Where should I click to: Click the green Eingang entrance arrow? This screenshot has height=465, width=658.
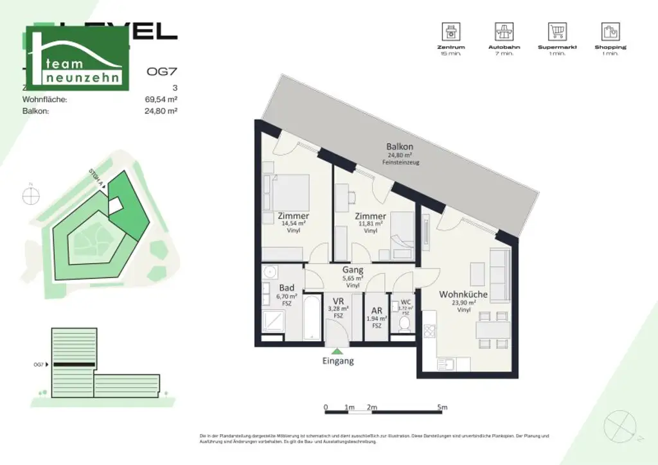click(337, 350)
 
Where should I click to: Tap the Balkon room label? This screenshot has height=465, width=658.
click(400, 146)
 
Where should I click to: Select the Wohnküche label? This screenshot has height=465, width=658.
click(463, 294)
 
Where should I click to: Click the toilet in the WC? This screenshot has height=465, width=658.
click(405, 324)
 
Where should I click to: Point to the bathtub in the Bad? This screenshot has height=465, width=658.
click(311, 318)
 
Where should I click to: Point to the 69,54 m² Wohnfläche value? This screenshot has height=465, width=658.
click(162, 100)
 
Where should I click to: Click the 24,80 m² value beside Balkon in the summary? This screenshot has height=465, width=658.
click(162, 110)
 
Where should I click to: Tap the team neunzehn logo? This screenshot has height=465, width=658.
click(76, 58)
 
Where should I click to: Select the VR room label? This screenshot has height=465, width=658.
click(338, 301)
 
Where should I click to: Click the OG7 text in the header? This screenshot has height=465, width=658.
click(160, 73)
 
